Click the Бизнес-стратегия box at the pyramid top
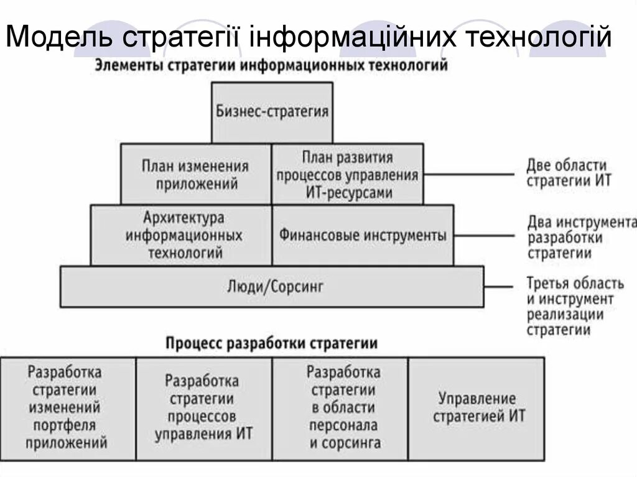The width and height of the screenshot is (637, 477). pyautogui.click(x=272, y=113)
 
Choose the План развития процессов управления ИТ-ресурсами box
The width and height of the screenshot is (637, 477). pyautogui.click(x=347, y=174)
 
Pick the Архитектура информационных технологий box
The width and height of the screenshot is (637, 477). pyautogui.click(x=182, y=235)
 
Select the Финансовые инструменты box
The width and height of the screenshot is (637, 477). pyautogui.click(x=363, y=235)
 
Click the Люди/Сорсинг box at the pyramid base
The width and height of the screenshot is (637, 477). pyautogui.click(x=272, y=286)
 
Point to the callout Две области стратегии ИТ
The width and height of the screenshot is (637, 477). pyautogui.click(x=569, y=173)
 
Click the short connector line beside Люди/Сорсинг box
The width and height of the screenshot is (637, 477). pyautogui.click(x=498, y=286)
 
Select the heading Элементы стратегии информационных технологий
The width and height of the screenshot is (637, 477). pyautogui.click(x=271, y=66)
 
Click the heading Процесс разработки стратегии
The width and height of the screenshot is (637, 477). pyautogui.click(x=272, y=343)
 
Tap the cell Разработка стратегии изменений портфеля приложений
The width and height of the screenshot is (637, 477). pyautogui.click(x=68, y=407)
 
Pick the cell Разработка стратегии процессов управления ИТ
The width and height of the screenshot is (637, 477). pyautogui.click(x=203, y=407)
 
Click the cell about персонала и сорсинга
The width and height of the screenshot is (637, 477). pyautogui.click(x=342, y=407)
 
